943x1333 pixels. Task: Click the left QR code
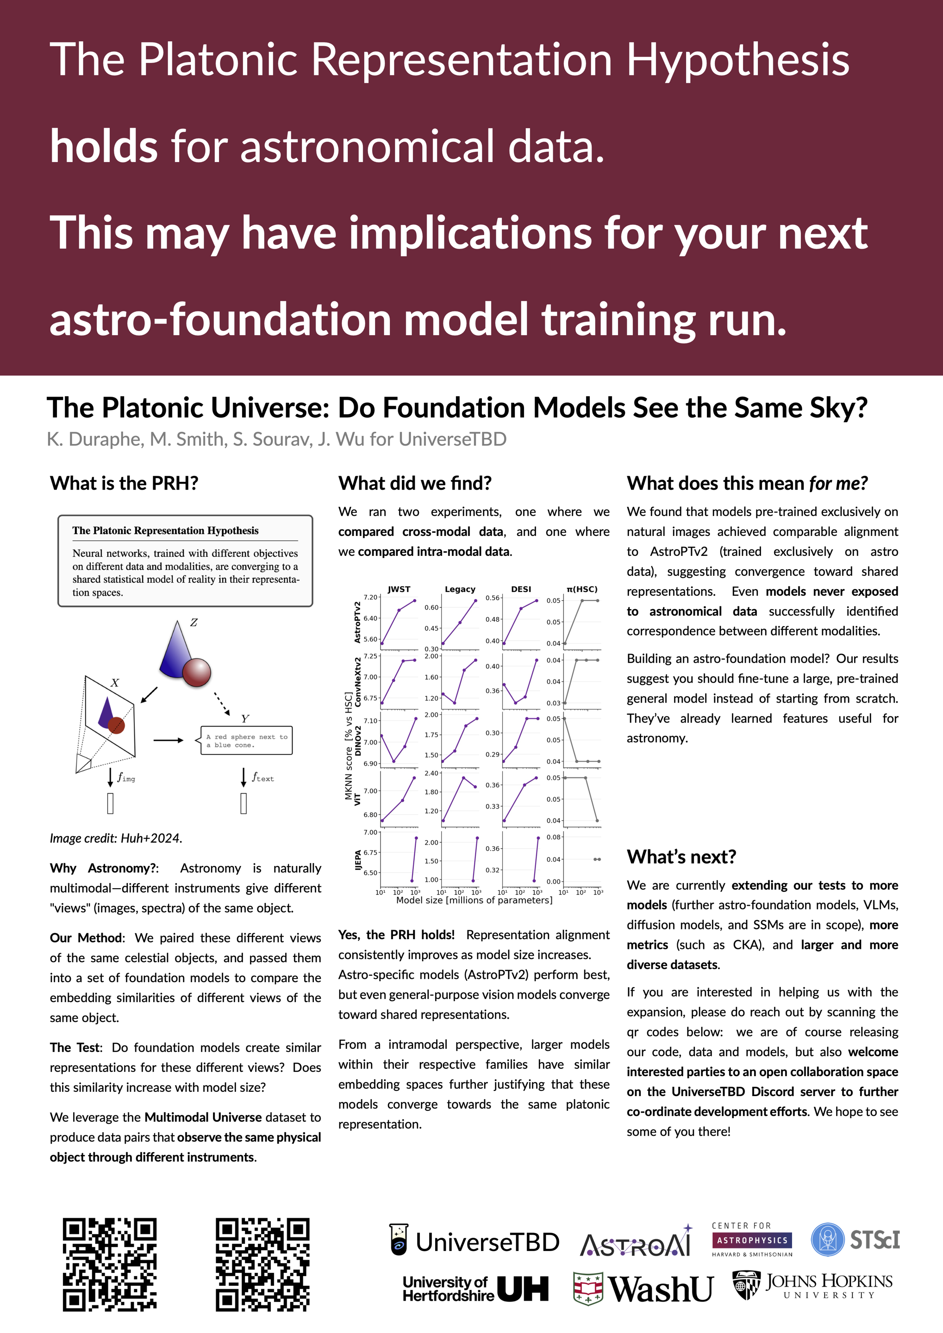pos(109,1264)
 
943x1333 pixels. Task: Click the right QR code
pos(262,1264)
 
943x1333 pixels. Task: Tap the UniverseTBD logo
pos(474,1242)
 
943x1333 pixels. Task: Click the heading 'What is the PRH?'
pos(124,483)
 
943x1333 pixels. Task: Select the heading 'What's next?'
pos(681,856)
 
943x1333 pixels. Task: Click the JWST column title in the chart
pos(399,589)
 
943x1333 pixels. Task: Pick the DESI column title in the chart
pos(521,589)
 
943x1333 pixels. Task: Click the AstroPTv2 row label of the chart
pos(358,622)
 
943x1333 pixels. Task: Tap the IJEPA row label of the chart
pos(358,860)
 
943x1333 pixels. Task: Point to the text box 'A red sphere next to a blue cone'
pos(246,740)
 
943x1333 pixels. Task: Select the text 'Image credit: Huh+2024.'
pos(116,838)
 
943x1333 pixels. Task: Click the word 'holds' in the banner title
pos(103,146)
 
